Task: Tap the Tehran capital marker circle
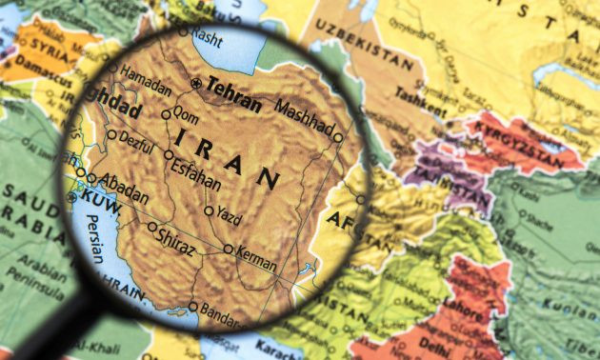click(196, 83)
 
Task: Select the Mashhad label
click(306, 116)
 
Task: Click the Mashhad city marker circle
click(337, 137)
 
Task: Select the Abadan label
click(124, 188)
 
